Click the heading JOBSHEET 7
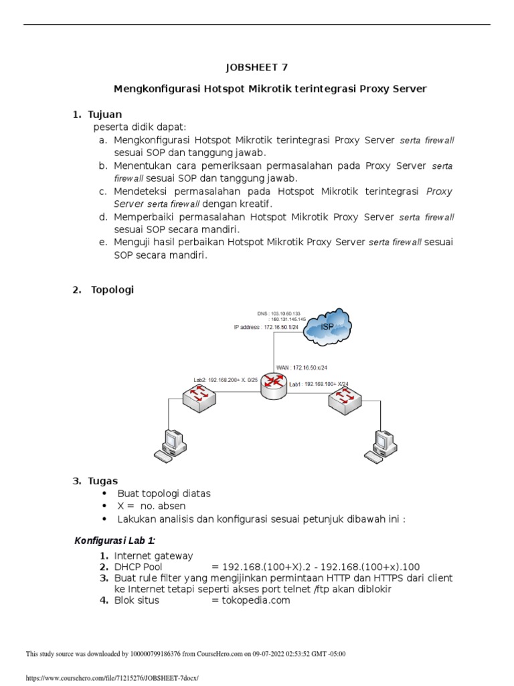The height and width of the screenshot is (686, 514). [257, 67]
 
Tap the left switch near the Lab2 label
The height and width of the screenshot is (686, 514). [199, 398]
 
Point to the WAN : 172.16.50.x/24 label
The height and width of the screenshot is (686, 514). [306, 367]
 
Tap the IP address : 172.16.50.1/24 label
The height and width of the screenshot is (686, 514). [261, 327]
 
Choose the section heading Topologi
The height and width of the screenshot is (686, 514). [112, 289]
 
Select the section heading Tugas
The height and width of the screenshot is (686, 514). [103, 480]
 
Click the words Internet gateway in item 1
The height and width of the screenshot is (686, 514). [153, 555]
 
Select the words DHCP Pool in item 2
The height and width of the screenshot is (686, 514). [139, 567]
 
